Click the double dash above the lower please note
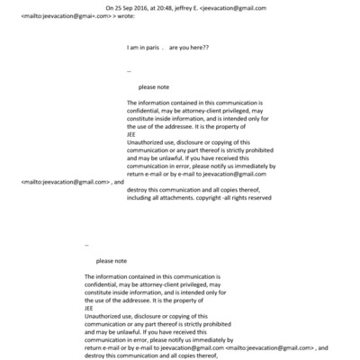tap(86, 244)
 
